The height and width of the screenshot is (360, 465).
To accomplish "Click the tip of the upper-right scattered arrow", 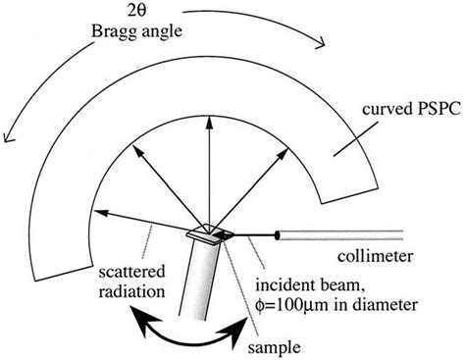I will coord(284,156).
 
